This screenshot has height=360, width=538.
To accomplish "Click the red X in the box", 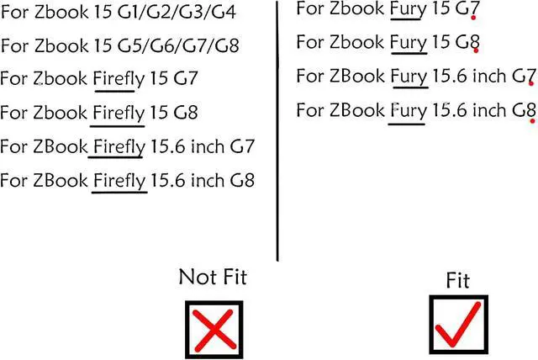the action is click(x=214, y=327).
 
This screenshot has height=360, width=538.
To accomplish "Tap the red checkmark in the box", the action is click(x=458, y=323).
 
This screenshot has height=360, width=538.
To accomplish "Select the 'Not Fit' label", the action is click(x=213, y=277).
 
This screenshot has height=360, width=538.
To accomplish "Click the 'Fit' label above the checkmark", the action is click(x=458, y=280).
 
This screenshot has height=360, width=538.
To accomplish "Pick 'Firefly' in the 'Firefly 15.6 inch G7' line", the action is click(x=119, y=146).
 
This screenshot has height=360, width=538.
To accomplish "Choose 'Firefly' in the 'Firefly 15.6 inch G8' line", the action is click(x=119, y=180).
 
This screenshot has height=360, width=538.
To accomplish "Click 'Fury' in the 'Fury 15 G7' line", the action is click(x=407, y=10).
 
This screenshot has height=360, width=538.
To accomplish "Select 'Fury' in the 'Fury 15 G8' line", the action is click(x=407, y=43).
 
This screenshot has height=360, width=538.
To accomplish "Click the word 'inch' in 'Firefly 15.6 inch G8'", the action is click(x=206, y=180).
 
